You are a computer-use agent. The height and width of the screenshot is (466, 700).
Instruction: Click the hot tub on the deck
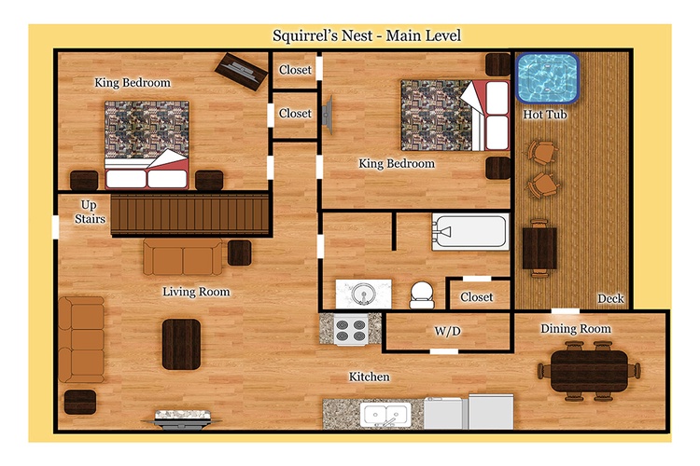pos(547,78)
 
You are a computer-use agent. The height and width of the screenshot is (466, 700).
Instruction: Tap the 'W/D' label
pos(447,331)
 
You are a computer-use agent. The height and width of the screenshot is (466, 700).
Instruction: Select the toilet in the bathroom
pos(422,295)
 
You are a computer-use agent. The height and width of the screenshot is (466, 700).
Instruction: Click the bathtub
pos(470,232)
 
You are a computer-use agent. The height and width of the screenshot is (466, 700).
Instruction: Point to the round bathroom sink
pos(363,294)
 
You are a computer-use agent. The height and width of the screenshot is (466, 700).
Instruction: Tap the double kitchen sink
pos(386,415)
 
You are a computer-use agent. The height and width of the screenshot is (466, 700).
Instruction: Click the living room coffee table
pos(181,344)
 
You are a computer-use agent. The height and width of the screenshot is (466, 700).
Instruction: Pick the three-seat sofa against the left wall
pos(81,340)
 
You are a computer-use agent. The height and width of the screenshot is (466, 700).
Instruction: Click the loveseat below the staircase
pos(183,257)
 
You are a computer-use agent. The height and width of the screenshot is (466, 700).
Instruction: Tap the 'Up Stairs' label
pos(90,212)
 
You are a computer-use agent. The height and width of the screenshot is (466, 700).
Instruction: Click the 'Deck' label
pos(610,298)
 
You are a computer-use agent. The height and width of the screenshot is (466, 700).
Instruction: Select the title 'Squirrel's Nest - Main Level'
pos(367,35)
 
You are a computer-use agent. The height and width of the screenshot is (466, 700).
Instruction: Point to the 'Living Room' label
pos(196,292)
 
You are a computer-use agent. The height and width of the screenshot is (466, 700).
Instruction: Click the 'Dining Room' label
pos(576,329)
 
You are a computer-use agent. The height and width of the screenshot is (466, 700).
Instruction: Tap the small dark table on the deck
pos(539,249)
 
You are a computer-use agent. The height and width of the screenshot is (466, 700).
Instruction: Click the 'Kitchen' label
pos(369,377)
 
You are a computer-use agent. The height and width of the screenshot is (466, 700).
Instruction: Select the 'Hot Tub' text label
pos(545,115)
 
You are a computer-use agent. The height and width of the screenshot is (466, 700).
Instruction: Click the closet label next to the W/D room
pos(476,297)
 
